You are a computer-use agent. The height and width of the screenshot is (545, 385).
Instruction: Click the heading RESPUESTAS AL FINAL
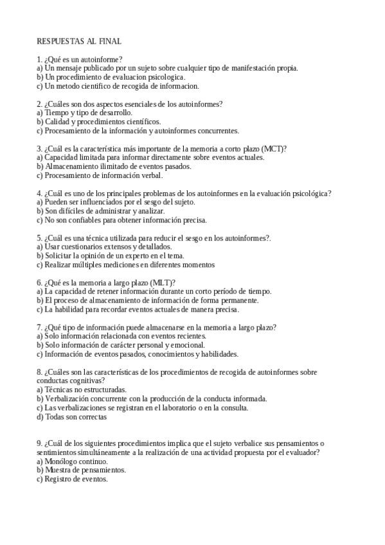coord(79,41)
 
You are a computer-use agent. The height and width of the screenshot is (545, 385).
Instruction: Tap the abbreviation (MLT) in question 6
coord(163,282)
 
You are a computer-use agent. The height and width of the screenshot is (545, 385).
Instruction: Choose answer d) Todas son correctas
coord(71,416)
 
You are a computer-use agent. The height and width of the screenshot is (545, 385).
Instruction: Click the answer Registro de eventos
coord(76,479)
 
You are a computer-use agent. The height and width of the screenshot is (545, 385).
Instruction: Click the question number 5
coord(39,238)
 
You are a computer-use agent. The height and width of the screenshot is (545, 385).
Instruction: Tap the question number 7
coord(39,327)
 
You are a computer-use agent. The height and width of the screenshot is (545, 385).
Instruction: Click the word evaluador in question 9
coord(304,452)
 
